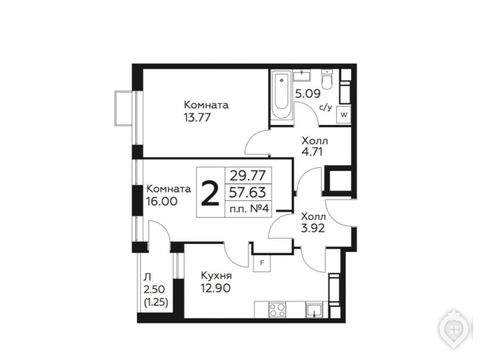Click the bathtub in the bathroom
pyautogui.click(x=282, y=95)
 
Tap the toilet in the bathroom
pyautogui.click(x=327, y=79)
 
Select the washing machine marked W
pyautogui.click(x=344, y=115)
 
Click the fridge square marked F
pyautogui.click(x=262, y=263)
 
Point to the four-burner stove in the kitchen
pyautogui.click(x=277, y=310)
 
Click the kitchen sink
pyautogui.click(x=314, y=310)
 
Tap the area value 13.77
pyautogui.click(x=197, y=117)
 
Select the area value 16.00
pyautogui.click(x=162, y=201)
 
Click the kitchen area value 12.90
pyautogui.click(x=216, y=288)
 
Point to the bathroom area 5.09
pyautogui.click(x=308, y=93)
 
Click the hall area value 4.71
pyautogui.click(x=313, y=151)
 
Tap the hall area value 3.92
pyautogui.click(x=313, y=228)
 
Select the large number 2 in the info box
pyautogui.click(x=210, y=193)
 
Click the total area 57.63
pyautogui.click(x=248, y=193)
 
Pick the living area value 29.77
pyautogui.click(x=248, y=176)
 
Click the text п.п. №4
pyautogui.click(x=249, y=209)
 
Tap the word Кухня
pyautogui.click(x=216, y=276)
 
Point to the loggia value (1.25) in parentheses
pyautogui.click(x=156, y=303)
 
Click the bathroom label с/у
pyautogui.click(x=325, y=107)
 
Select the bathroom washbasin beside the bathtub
pyautogui.click(x=302, y=75)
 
